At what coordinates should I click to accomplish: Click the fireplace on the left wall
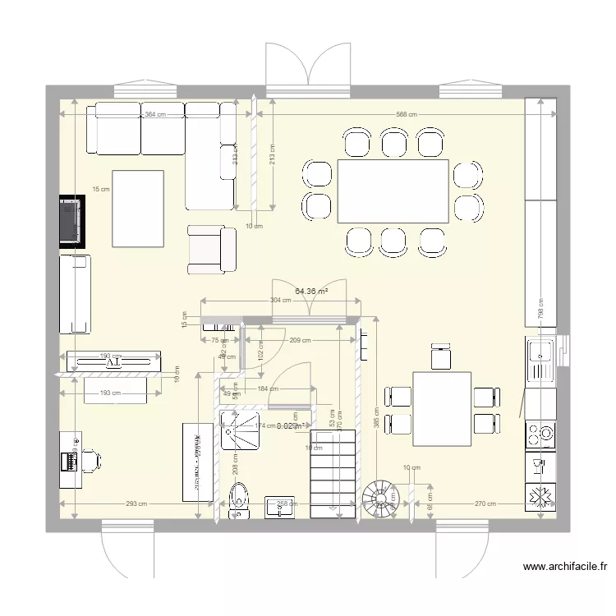[71, 220]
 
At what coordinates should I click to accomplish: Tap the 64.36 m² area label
[311, 290]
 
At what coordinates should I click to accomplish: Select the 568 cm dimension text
[406, 115]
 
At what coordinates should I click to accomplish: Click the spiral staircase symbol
[378, 498]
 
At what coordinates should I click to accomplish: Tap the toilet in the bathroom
[239, 498]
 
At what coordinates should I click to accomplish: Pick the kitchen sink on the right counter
[542, 360]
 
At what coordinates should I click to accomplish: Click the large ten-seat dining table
[393, 191]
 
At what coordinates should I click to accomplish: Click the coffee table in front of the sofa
[137, 208]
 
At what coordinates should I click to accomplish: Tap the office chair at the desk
[91, 460]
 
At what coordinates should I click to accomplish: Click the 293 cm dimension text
[136, 504]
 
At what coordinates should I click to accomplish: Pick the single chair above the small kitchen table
[441, 358]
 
